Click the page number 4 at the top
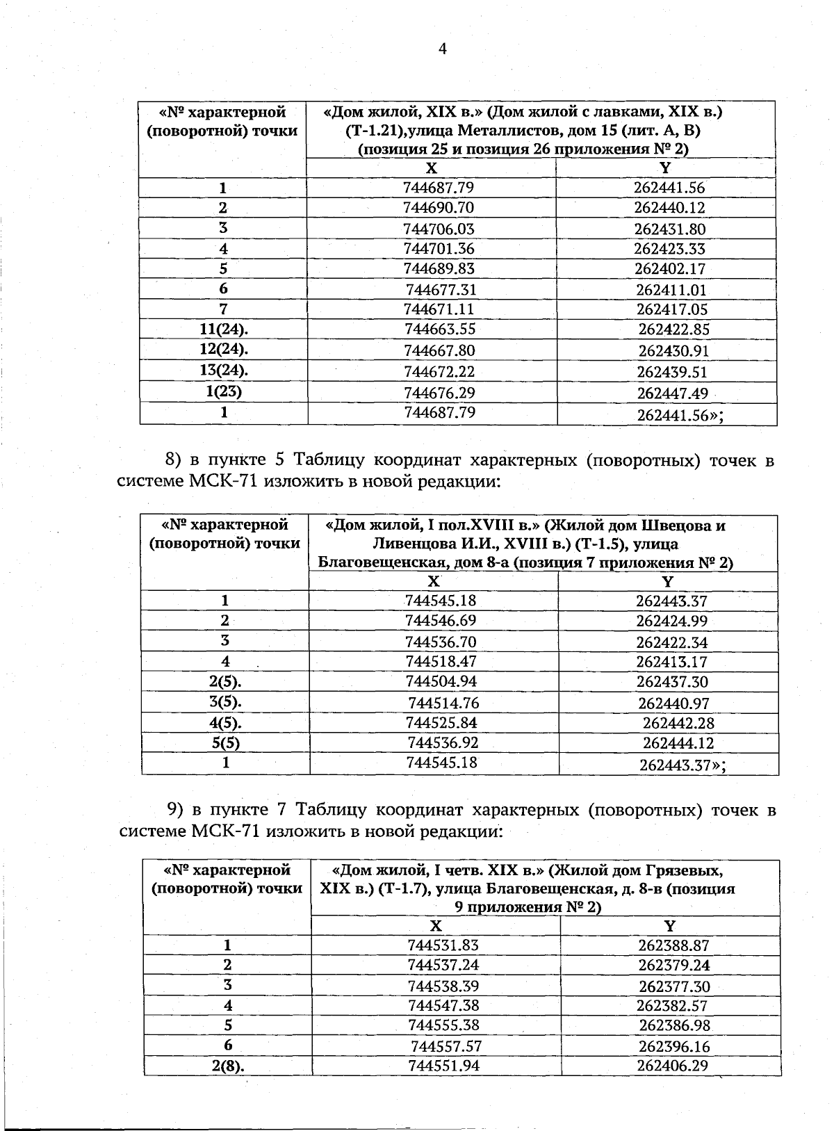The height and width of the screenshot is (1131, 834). click(442, 48)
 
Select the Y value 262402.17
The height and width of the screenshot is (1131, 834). click(670, 269)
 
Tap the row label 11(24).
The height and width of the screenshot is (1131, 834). click(224, 329)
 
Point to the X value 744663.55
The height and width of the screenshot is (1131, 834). click(440, 329)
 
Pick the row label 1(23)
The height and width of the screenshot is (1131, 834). click(224, 391)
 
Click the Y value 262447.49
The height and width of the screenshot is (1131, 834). click(673, 393)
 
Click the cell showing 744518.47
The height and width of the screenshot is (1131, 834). click(441, 661)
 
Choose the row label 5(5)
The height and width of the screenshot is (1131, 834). click(226, 743)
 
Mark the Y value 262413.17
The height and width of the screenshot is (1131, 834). click(671, 662)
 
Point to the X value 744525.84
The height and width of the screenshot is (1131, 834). click(441, 723)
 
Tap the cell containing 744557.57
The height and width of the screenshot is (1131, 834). click(446, 1046)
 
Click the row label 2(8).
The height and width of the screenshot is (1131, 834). click(227, 1066)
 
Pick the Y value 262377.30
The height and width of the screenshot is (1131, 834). click(674, 986)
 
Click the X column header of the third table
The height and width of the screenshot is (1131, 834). click(436, 925)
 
